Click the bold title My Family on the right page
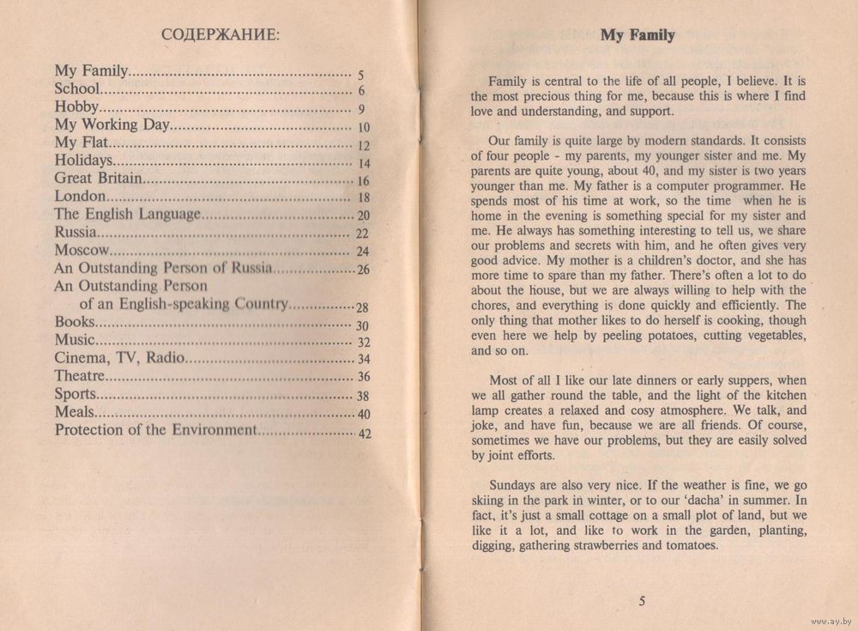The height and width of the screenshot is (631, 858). coord(637,35)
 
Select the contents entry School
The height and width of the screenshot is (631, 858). coord(78,88)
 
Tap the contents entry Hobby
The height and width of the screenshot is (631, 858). coord(77,107)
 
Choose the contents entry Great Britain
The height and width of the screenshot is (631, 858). coord(97,179)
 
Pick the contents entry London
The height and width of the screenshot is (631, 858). coord(80,197)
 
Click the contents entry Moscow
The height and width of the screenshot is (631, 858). coord(82,251)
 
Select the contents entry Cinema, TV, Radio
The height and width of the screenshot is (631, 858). coord(118,358)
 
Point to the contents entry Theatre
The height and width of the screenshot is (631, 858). coord(80,376)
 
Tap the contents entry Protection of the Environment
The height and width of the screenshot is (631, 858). coord(155,430)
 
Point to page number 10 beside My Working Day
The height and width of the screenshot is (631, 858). coord(362,128)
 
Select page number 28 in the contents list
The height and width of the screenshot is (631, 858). coord(362,307)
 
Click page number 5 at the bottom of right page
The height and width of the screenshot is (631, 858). coord(641,600)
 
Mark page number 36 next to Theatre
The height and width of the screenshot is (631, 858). coord(363,378)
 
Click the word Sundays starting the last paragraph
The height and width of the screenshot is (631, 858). coord(512,482)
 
